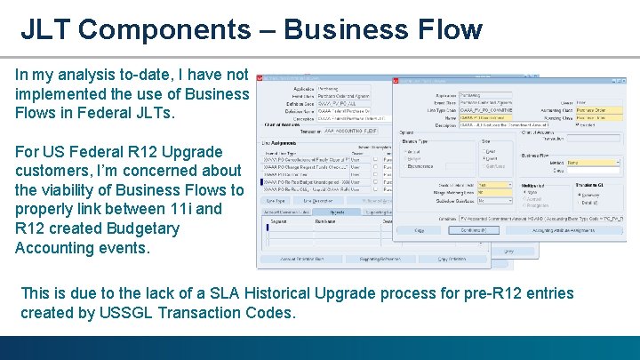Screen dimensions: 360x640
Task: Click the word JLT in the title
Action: (46, 29)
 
